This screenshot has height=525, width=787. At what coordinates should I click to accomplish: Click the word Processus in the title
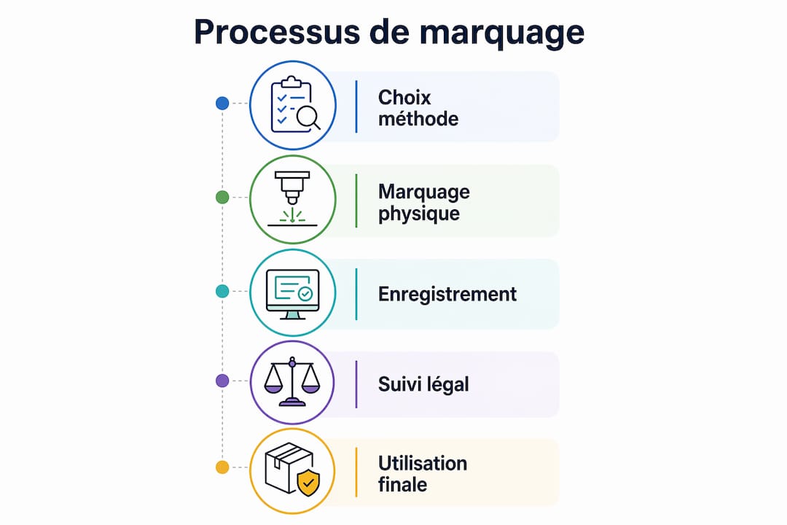pos(277,32)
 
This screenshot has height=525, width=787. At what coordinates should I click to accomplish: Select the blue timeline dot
pos(222,103)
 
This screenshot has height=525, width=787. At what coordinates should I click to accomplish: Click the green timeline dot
pos(222,197)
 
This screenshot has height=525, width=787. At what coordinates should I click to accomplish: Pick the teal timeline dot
pos(222,291)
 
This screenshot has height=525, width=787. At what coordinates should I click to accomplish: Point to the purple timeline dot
pos(222,381)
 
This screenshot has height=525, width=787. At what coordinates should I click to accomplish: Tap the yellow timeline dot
pos(222,467)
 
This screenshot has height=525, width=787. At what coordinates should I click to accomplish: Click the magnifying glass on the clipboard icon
pos(308,118)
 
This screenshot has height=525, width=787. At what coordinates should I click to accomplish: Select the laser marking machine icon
pos(292,198)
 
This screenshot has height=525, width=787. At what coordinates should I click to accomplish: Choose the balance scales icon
pos(292,381)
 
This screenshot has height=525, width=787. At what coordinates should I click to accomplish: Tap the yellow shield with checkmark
pos(308,483)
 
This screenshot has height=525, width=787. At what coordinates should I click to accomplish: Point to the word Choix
pos(404,98)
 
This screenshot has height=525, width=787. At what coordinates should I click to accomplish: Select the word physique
pos(419,214)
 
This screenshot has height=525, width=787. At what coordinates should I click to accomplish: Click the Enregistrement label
pos(447,294)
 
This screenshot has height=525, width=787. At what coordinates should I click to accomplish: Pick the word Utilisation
pos(423,463)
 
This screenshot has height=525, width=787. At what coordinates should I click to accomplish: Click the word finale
pos(402,485)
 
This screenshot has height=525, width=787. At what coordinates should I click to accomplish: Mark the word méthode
pos(418,119)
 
